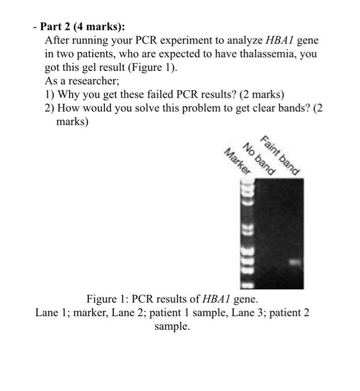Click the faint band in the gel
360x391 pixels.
tap(295, 261)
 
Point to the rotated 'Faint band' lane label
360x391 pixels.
tap(281, 155)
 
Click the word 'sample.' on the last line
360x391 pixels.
tap(172, 326)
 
